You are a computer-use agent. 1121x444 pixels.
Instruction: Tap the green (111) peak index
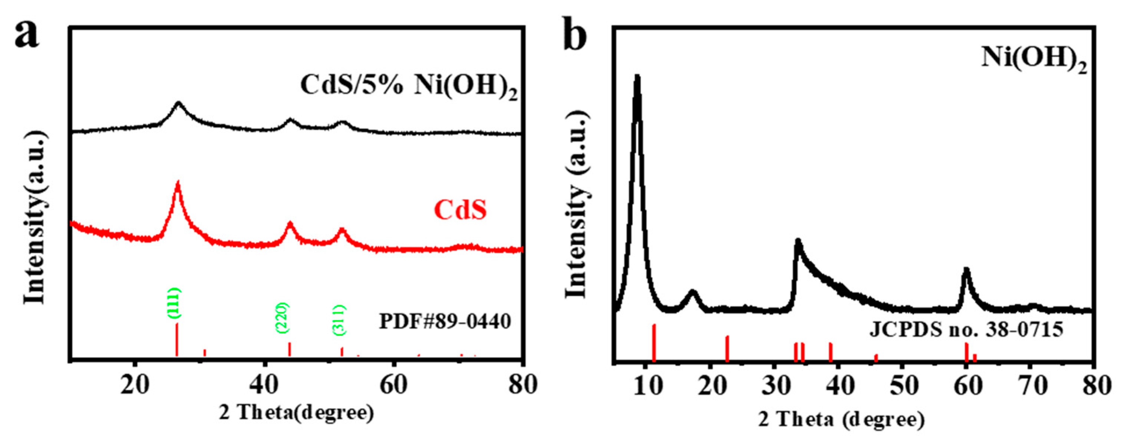(x=174, y=303)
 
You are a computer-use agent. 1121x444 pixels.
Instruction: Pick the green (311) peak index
(x=339, y=320)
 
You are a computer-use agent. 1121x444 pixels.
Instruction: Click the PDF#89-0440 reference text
(x=445, y=322)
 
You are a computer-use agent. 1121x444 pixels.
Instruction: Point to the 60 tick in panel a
(x=393, y=385)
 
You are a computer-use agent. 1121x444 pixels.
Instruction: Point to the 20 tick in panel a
(x=135, y=385)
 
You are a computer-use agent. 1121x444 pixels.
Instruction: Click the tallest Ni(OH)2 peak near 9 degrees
(x=637, y=77)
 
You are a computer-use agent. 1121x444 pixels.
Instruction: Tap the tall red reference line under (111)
(x=177, y=339)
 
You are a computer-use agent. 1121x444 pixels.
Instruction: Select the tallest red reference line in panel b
(x=654, y=342)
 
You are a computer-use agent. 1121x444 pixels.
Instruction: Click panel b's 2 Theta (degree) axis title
(x=841, y=420)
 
